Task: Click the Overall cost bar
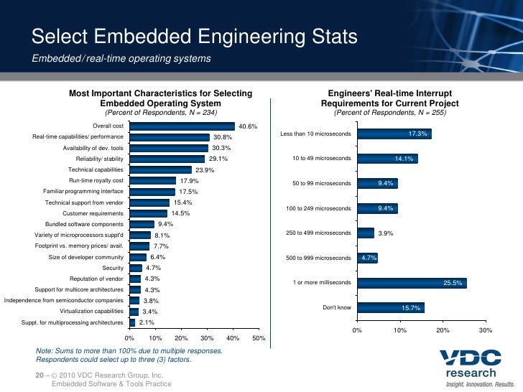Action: tap(182, 126)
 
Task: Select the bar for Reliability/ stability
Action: tap(167, 159)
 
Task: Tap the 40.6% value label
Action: tap(248, 127)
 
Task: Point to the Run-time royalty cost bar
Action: tap(152, 181)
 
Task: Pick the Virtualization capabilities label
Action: tap(91, 312)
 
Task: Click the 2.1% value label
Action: tap(146, 322)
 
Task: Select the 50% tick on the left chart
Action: tap(259, 337)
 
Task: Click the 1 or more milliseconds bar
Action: tap(412, 283)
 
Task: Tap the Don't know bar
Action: tap(390, 308)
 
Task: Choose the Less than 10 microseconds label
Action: tap(315, 134)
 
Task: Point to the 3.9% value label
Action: tap(386, 233)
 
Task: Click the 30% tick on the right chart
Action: tap(486, 330)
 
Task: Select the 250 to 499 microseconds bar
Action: tap(365, 233)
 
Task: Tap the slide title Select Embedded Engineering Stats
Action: tap(194, 37)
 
